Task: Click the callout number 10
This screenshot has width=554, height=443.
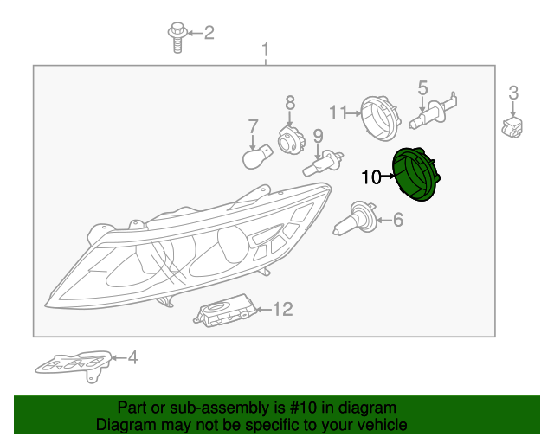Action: click(370, 177)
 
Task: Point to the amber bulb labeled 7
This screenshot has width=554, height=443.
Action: click(257, 159)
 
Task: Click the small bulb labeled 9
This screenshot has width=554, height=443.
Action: click(320, 164)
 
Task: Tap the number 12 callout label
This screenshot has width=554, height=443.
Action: click(283, 309)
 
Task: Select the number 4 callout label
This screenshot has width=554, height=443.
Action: click(132, 356)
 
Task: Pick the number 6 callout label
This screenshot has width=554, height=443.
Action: click(398, 221)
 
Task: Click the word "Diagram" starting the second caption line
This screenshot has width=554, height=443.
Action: click(123, 425)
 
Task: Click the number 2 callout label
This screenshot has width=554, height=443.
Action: click(209, 33)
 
